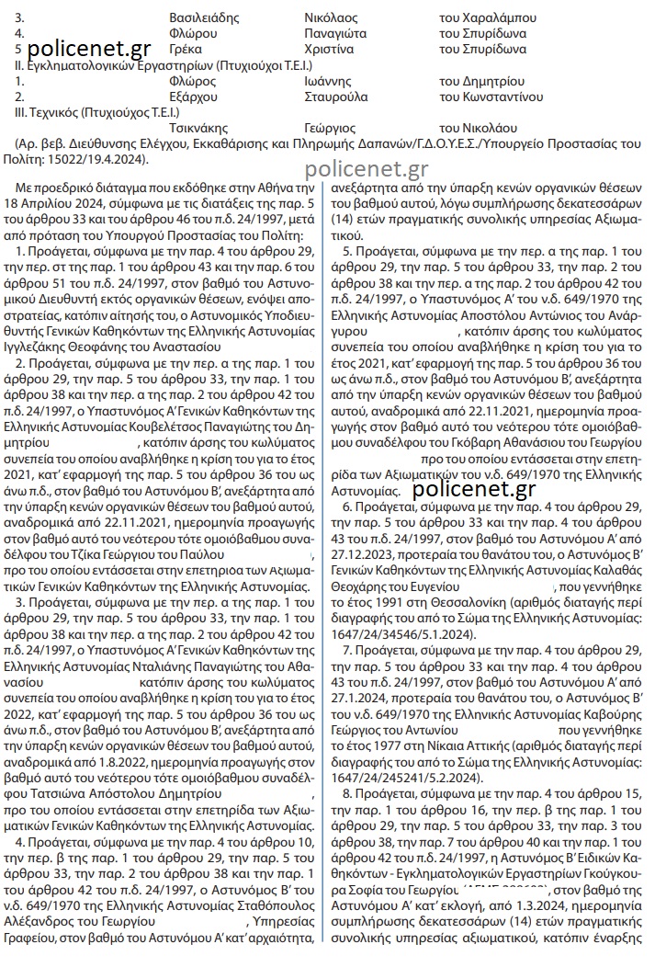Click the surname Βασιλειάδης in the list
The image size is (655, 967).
[204, 17]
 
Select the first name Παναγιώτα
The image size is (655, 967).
[336, 33]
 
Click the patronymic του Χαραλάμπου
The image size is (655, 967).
[484, 17]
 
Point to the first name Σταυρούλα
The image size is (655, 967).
[335, 97]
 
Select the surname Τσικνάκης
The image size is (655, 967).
[199, 128]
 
